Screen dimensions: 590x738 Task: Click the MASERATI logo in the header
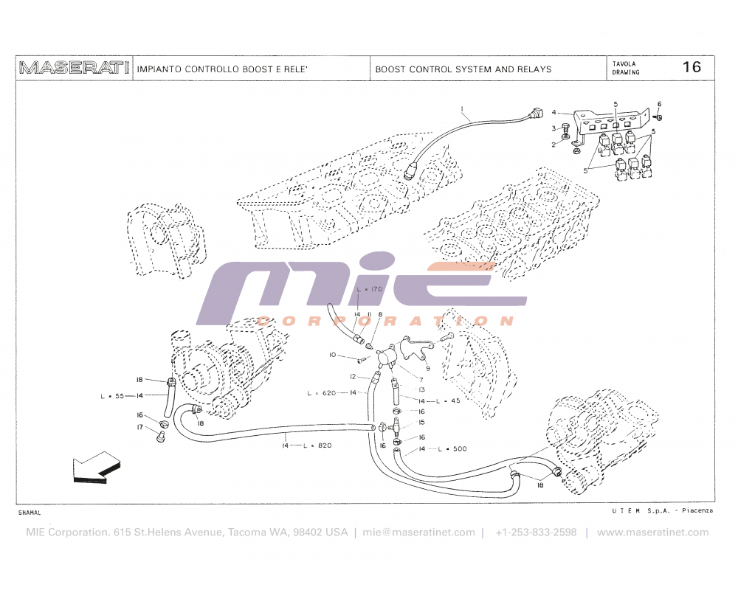click(x=74, y=69)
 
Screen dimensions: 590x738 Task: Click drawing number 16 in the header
click(x=692, y=67)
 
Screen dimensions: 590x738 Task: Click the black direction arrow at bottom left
click(x=95, y=470)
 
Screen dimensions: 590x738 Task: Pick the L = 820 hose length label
click(x=317, y=445)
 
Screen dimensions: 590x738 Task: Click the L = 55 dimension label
click(x=112, y=396)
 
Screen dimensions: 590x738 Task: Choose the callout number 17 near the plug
click(x=139, y=427)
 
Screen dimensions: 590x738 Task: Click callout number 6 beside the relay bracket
click(x=659, y=104)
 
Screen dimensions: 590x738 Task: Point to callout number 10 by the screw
click(x=332, y=355)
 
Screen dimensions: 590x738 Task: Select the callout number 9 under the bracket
click(x=427, y=367)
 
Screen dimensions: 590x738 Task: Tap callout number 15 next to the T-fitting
click(x=421, y=423)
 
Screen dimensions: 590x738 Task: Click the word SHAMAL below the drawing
click(x=30, y=512)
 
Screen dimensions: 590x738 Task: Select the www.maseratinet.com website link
click(x=652, y=532)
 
